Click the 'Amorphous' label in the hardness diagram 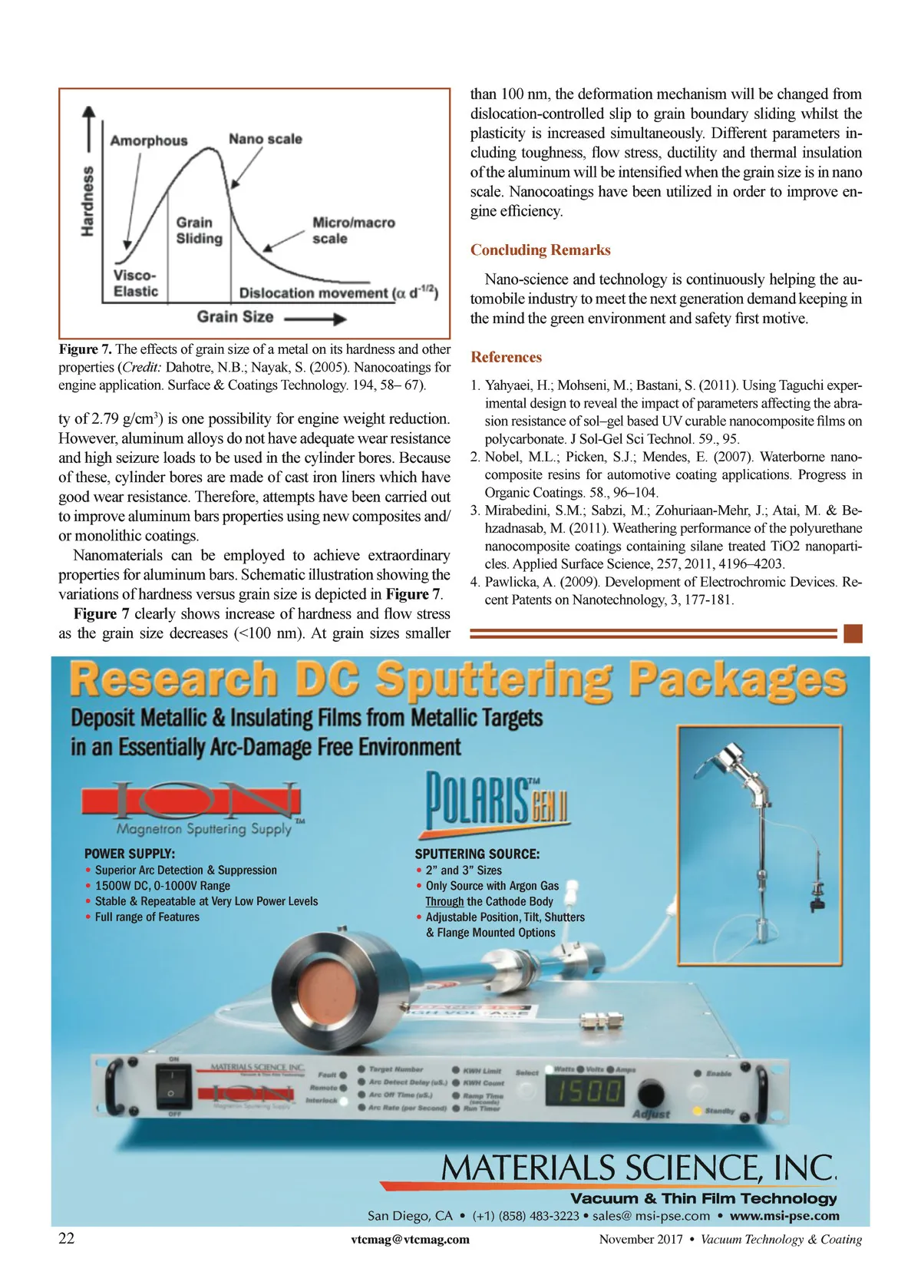coord(148,140)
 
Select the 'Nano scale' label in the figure coord(265,139)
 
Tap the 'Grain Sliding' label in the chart coord(199,230)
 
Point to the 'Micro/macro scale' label coord(353,230)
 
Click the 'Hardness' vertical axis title coord(88,200)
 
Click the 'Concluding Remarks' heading coord(540,250)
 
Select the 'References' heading coord(506,357)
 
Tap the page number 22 coord(67,1238)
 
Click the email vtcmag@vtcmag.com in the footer coord(410,1239)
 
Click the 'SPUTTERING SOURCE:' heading coord(477,854)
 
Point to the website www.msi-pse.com coord(784,1216)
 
